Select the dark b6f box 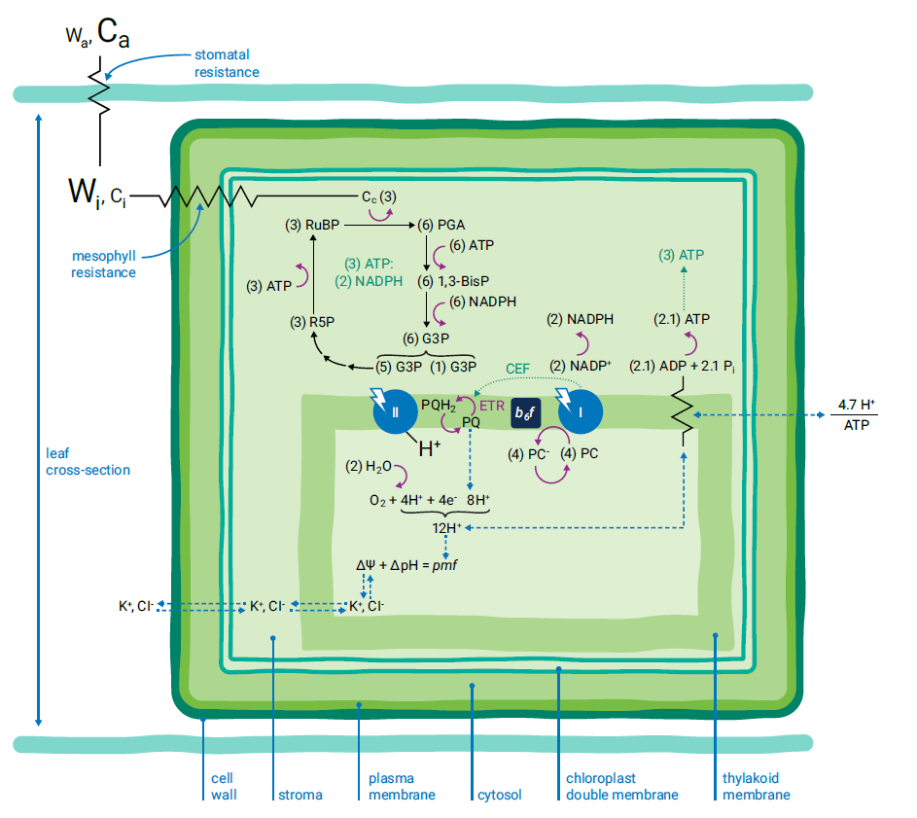[525, 412]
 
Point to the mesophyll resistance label [103, 265]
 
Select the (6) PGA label [441, 225]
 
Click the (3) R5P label [312, 322]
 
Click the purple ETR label [492, 405]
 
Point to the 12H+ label [447, 528]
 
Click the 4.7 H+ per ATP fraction [857, 414]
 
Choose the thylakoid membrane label [756, 786]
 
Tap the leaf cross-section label [88, 461]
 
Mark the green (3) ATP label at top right [681, 256]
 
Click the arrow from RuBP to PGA [379, 225]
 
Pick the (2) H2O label [368, 467]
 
